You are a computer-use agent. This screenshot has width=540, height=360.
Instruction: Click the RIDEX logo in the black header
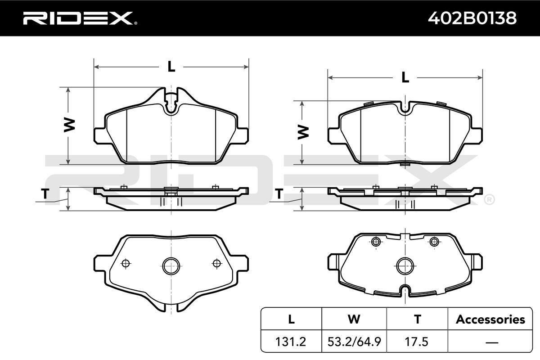tap(80, 18)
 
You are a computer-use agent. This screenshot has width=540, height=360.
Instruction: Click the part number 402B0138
tap(472, 18)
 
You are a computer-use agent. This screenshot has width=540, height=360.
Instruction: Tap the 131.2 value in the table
tap(291, 342)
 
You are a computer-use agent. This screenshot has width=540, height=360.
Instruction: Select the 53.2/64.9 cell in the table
tap(354, 342)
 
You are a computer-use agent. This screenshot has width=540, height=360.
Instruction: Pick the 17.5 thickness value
tap(417, 342)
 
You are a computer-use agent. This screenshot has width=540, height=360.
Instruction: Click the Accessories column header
tap(490, 319)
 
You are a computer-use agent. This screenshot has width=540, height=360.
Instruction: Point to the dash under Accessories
tap(491, 342)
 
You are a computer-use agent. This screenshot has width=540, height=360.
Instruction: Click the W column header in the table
tap(354, 319)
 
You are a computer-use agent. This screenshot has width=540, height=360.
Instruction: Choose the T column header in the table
tap(417, 319)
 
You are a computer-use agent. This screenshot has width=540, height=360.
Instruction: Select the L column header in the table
tap(291, 319)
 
